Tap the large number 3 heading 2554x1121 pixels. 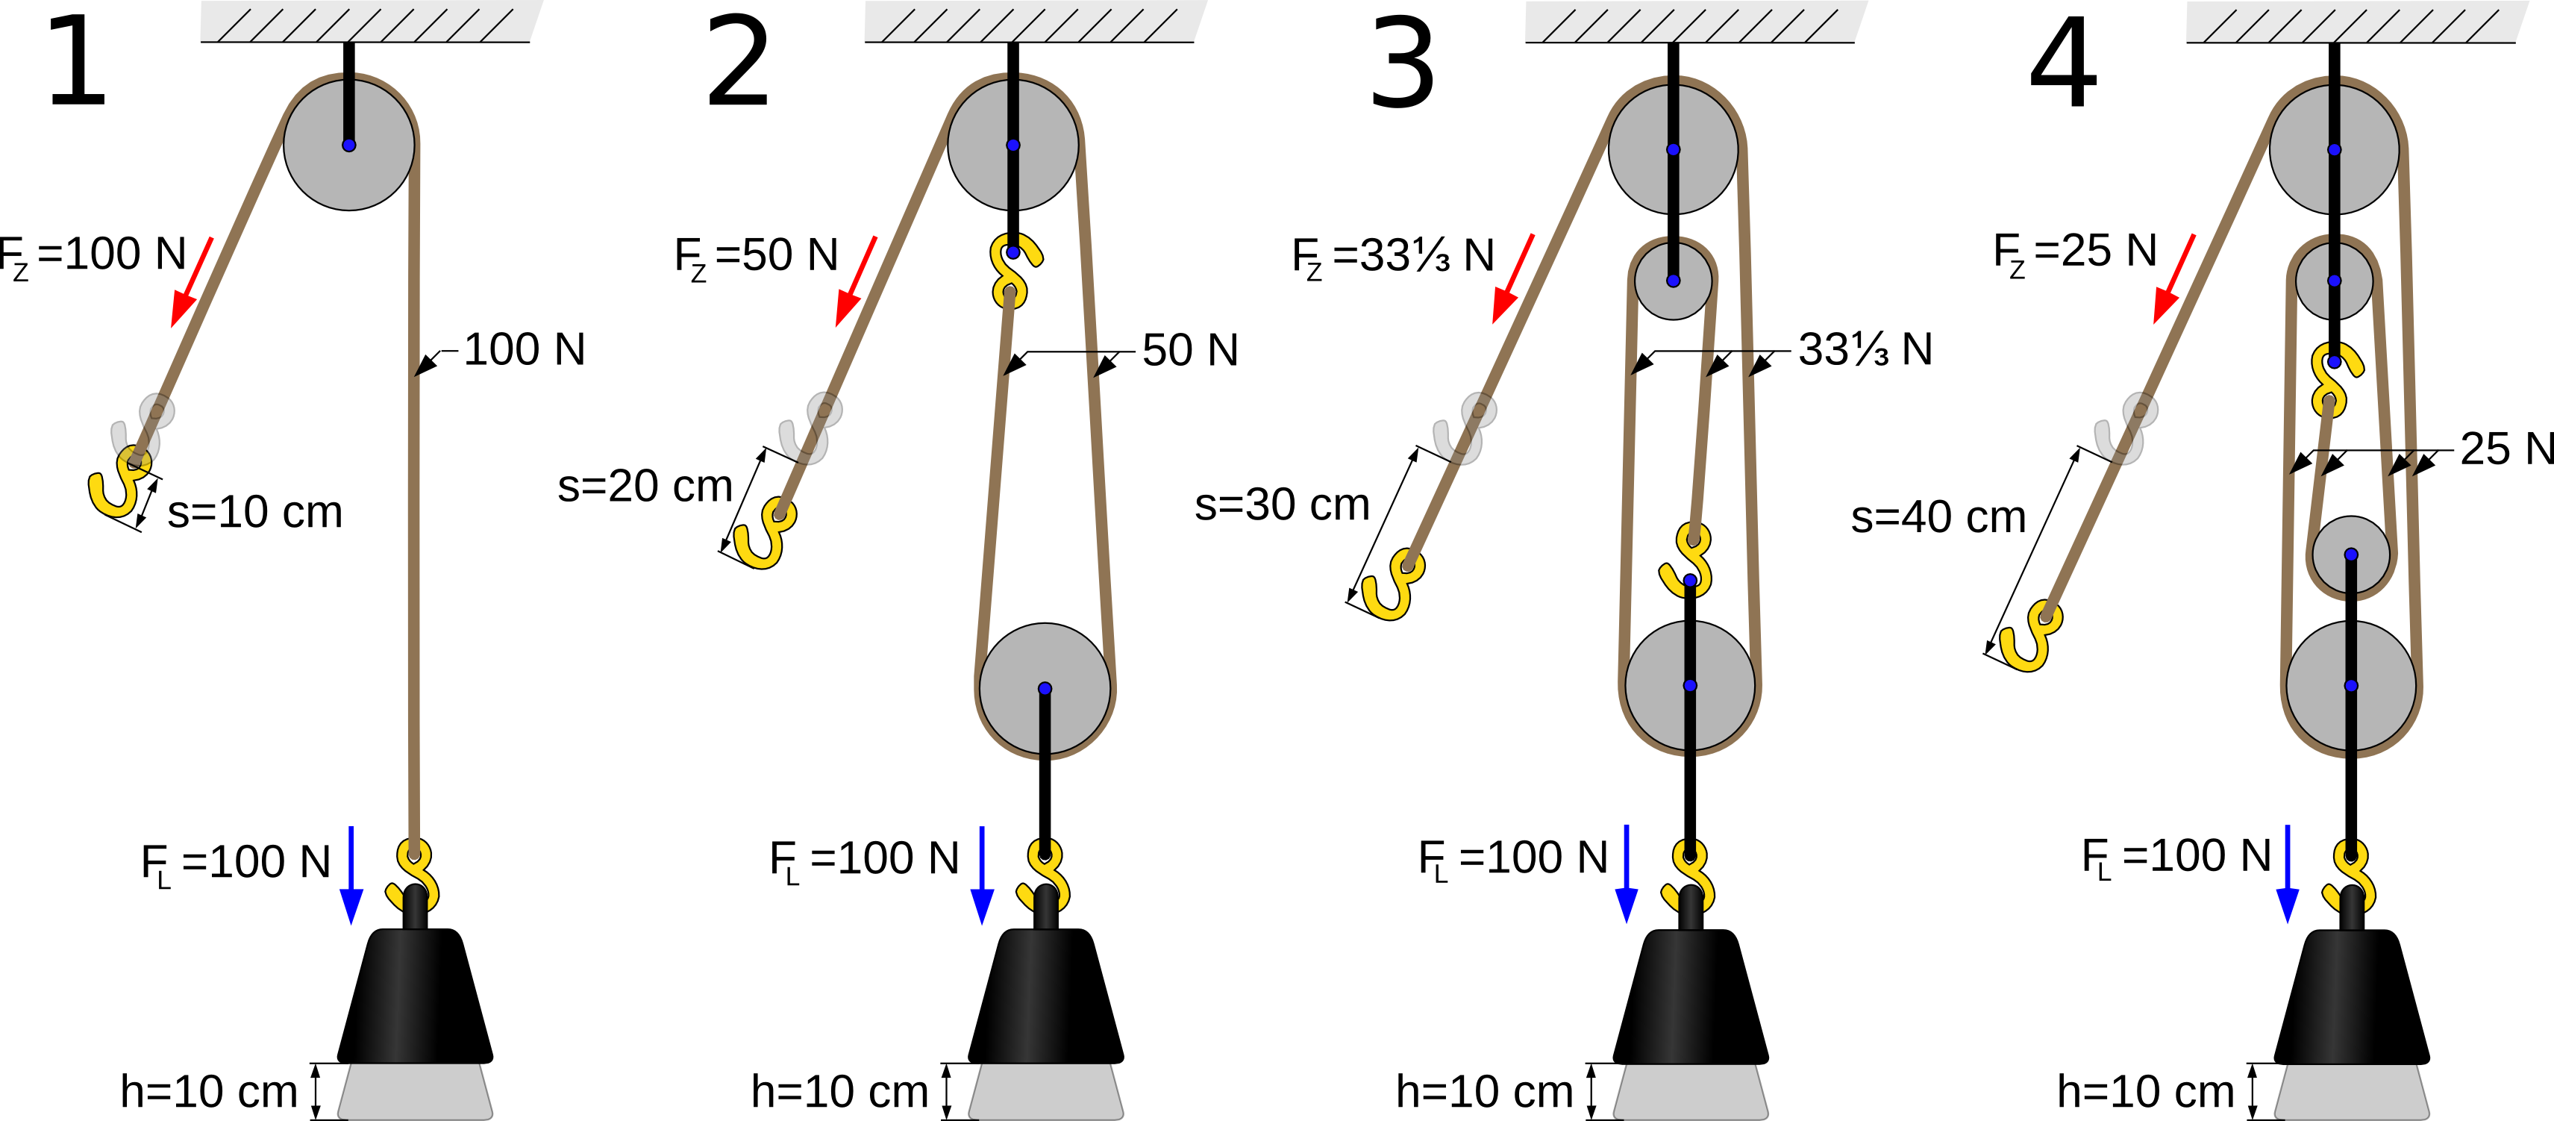(x=1402, y=63)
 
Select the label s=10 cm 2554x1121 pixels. (x=255, y=512)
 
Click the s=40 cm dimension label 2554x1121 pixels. (x=1938, y=517)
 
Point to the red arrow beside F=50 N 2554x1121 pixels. (x=856, y=281)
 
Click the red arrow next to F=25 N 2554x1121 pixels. (x=2174, y=279)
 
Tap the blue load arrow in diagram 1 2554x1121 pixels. (x=351, y=875)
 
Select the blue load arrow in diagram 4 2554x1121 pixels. (x=2288, y=874)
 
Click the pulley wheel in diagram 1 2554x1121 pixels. (x=349, y=145)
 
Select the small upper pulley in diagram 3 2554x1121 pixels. (x=1674, y=281)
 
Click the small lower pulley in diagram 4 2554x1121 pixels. (x=2351, y=555)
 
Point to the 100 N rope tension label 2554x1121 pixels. (x=525, y=349)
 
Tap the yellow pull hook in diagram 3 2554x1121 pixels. (x=1393, y=584)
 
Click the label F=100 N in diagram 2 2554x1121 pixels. (x=865, y=859)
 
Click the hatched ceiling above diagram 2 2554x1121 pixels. (x=1035, y=21)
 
